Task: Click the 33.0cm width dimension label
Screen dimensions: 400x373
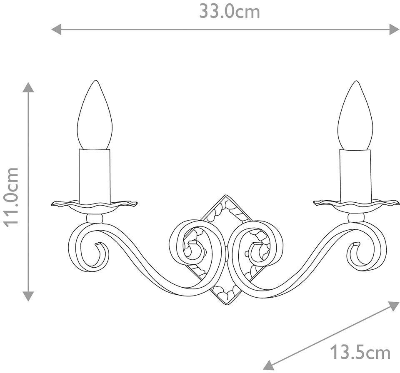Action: (x=229, y=12)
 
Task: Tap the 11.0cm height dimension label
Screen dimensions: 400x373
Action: (x=11, y=197)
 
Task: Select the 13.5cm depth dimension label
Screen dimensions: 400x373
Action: (x=360, y=353)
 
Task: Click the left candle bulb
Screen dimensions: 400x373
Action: (x=95, y=115)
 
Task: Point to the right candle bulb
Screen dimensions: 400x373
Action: (x=355, y=115)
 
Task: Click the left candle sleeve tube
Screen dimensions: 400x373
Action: (x=95, y=177)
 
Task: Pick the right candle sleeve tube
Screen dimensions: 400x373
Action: (x=355, y=177)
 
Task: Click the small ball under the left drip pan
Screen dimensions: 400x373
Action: (x=95, y=219)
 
